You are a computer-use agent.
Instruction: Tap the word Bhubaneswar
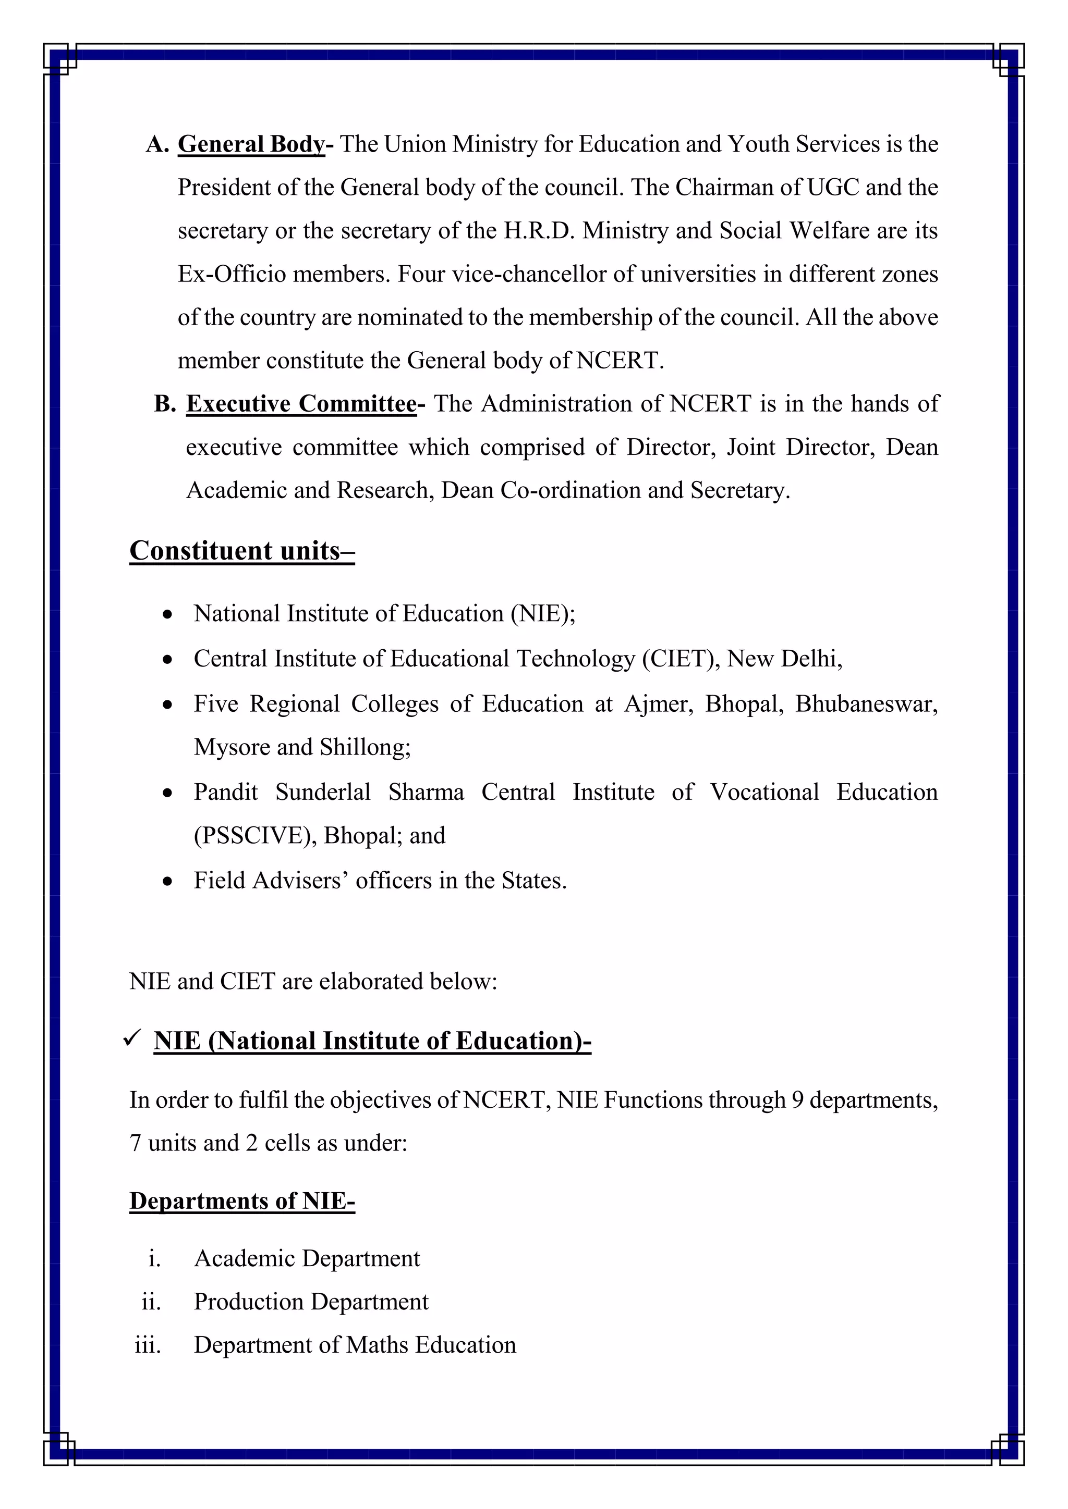point(866,704)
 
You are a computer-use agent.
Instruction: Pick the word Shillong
point(365,747)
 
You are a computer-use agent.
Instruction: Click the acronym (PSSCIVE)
point(255,835)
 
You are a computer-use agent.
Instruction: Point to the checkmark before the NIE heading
point(132,1039)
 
